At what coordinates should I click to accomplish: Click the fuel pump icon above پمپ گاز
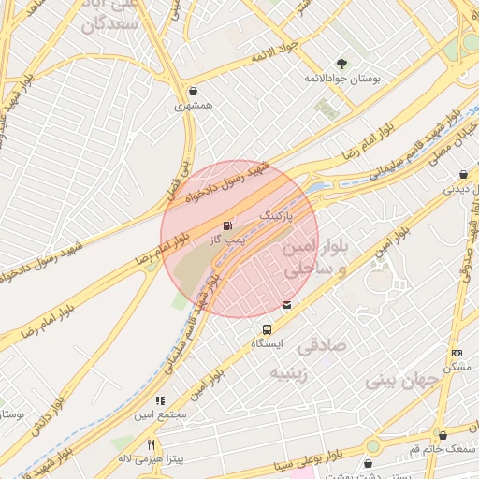coord(226,225)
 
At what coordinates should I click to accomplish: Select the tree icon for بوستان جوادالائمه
coord(342,64)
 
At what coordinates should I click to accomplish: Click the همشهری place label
coord(194,107)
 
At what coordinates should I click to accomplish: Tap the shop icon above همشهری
coord(193,92)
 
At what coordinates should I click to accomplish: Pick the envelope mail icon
coord(286,305)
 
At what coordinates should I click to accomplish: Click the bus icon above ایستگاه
coord(268,329)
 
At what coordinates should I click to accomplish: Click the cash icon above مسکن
coord(457,353)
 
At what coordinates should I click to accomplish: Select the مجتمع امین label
coord(161,414)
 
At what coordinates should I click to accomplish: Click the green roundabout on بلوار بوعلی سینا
coord(373,445)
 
